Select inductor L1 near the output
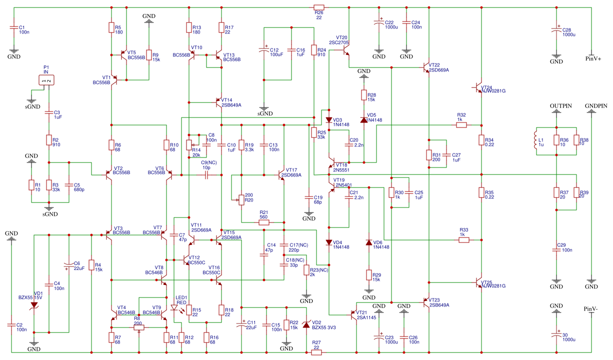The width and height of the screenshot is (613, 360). pos(535,140)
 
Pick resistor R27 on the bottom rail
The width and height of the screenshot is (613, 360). pos(316,352)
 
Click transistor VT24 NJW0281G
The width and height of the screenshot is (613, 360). pos(478,88)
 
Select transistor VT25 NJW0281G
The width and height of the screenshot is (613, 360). pos(478,283)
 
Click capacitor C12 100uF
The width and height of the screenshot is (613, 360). pos(264,50)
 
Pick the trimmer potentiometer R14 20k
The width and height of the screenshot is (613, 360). pos(188,144)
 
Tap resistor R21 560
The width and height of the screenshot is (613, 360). pos(264,222)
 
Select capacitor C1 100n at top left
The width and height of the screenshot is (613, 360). pos(13,29)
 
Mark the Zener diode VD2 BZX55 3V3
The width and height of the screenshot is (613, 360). pos(306,325)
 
